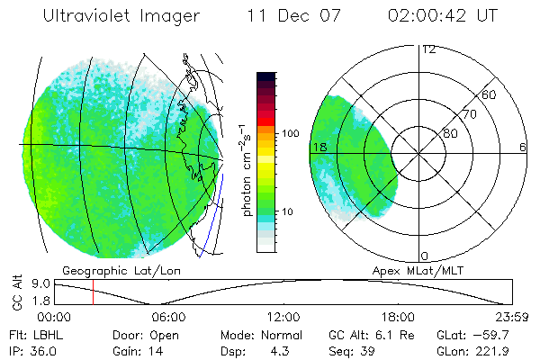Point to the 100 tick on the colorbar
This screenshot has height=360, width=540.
click(290, 133)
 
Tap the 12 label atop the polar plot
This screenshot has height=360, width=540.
click(429, 49)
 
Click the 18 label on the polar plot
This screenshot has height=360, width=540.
click(318, 147)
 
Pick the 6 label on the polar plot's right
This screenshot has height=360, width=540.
click(522, 147)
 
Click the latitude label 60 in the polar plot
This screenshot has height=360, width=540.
click(490, 94)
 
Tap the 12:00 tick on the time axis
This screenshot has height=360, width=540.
click(283, 317)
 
